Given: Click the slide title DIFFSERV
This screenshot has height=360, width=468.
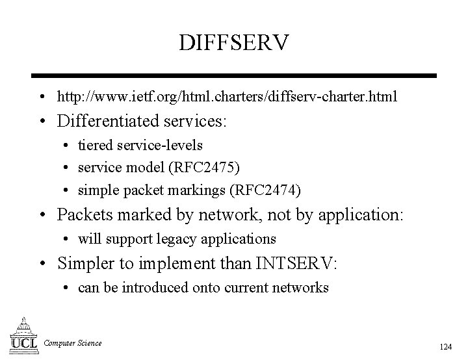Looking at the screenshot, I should (234, 44).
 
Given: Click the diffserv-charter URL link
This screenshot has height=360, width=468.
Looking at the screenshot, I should (227, 97).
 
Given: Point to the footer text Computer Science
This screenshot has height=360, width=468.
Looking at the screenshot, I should (73, 342).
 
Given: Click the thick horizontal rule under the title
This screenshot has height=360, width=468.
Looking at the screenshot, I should (234, 76).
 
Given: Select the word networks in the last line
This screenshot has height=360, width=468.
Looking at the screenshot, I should (300, 288).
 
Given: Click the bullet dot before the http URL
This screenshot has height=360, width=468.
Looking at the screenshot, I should (41, 97).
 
